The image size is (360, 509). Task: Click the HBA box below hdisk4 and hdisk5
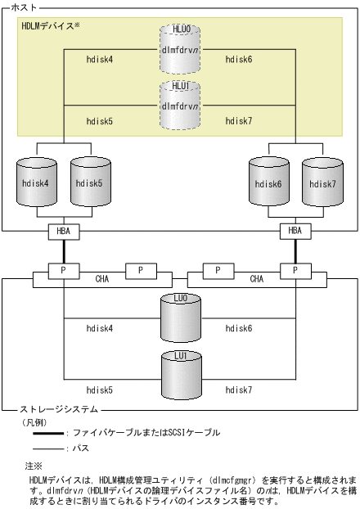(63, 232)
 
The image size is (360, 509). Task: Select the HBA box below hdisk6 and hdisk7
(296, 232)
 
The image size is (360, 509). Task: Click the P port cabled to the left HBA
(63, 269)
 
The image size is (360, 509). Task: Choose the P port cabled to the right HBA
(296, 269)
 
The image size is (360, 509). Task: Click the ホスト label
(22, 7)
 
